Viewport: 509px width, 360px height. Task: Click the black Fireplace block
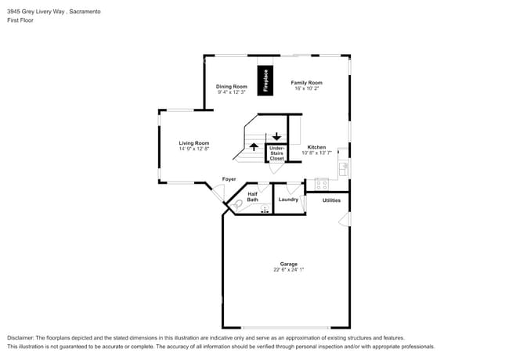265,81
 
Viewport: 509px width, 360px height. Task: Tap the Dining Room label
232,87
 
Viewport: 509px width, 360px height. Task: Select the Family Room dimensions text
307,88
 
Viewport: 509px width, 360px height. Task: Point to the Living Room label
193,143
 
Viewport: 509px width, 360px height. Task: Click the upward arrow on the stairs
254,147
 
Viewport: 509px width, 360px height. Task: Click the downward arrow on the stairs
276,136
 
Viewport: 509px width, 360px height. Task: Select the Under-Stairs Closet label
276,153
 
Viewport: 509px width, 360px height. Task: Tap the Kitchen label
316,147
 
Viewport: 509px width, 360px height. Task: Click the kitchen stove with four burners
321,185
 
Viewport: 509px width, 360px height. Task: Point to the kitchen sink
344,169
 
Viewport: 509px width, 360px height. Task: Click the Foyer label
229,179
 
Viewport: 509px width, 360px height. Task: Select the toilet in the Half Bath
236,205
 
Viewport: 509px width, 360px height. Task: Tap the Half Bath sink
265,208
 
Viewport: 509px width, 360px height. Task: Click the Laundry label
288,200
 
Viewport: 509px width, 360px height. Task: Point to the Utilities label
331,200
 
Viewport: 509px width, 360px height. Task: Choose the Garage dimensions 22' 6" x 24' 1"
289,269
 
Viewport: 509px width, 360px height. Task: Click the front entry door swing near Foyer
218,193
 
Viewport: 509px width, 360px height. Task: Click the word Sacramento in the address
85,12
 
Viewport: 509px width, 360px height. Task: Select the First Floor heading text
20,20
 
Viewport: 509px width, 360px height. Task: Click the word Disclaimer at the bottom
20,338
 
